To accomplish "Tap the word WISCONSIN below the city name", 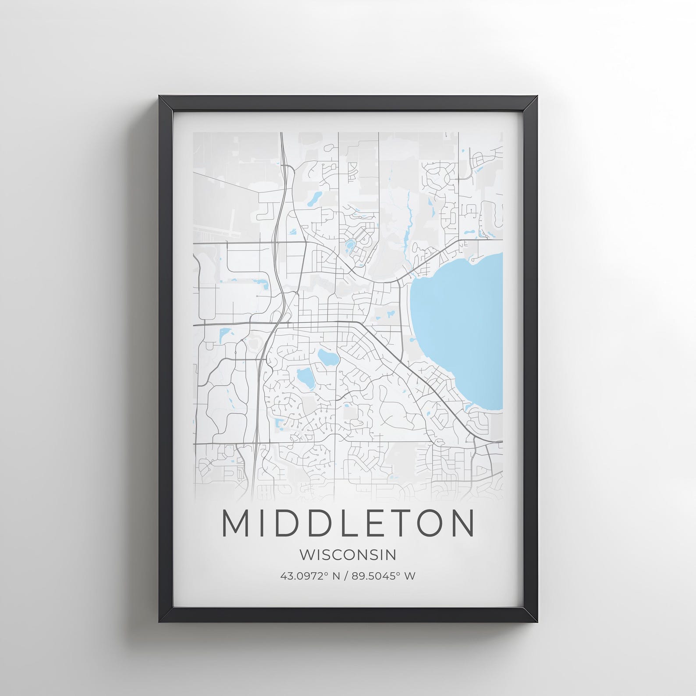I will pyautogui.click(x=348, y=555).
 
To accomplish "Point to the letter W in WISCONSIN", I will pyautogui.click(x=308, y=555).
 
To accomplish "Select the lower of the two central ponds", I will pyautogui.click(x=304, y=376).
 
